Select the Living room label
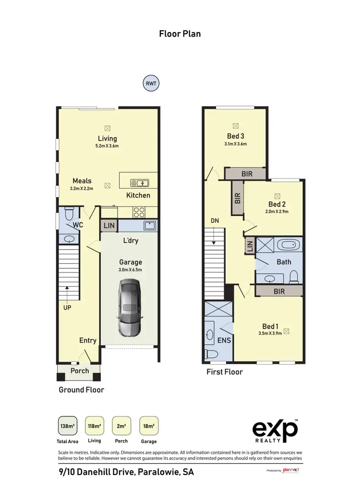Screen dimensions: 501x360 108,139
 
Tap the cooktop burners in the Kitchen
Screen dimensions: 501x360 139,211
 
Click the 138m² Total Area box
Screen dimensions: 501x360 68,426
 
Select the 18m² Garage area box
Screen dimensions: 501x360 148,426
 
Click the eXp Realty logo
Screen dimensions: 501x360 275,430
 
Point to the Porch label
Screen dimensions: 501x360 80,371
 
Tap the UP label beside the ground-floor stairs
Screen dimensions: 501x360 67,307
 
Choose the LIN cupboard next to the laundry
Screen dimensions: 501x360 108,226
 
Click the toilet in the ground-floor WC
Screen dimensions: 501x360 68,214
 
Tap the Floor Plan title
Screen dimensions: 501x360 180,34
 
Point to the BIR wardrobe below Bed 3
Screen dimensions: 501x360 245,173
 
